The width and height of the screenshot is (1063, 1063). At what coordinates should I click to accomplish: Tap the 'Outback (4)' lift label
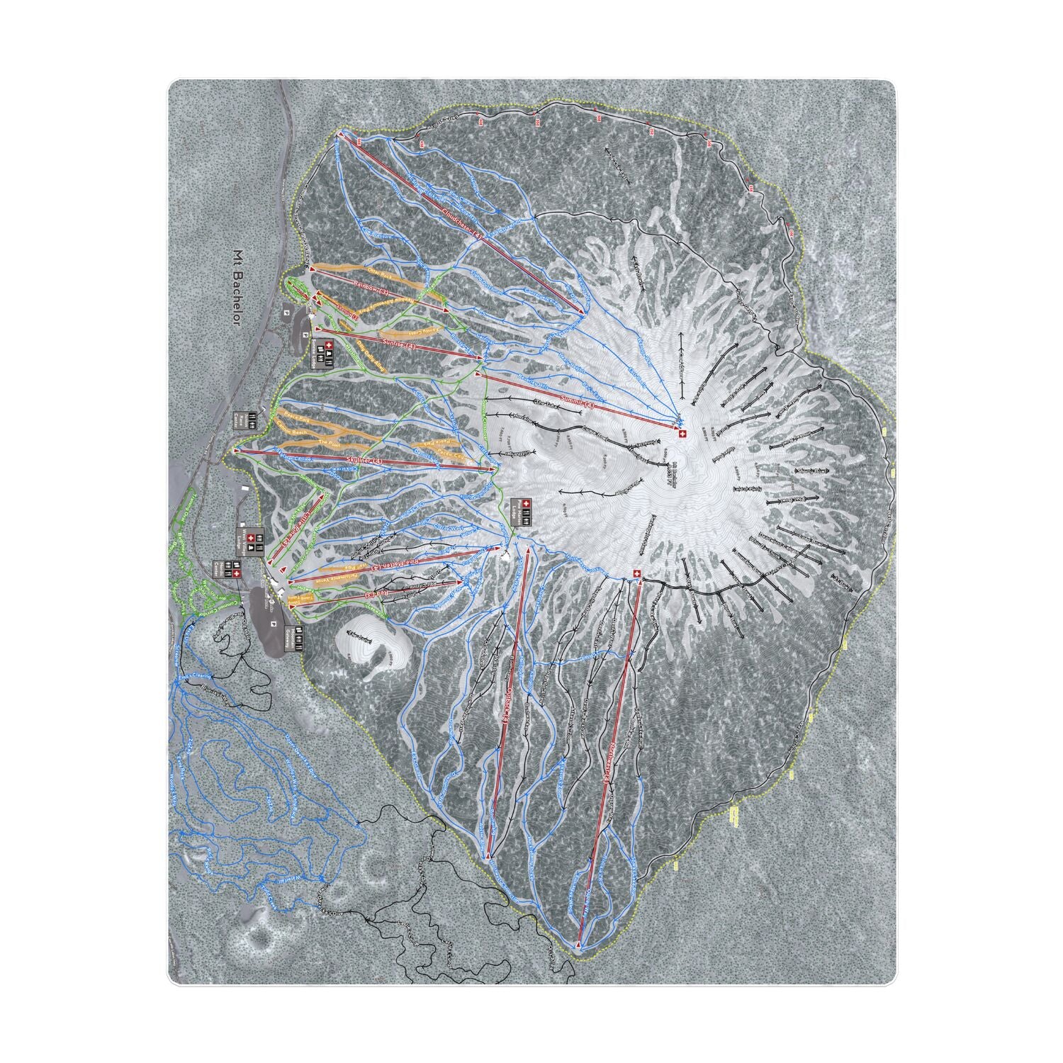point(504,708)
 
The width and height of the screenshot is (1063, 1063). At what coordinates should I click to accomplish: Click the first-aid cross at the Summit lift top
point(682,433)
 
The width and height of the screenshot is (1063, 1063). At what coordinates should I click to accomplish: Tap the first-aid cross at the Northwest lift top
point(636,574)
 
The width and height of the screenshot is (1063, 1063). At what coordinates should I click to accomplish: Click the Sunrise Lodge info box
point(324,352)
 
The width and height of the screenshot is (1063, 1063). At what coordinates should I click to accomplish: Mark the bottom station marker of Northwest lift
point(578,945)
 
